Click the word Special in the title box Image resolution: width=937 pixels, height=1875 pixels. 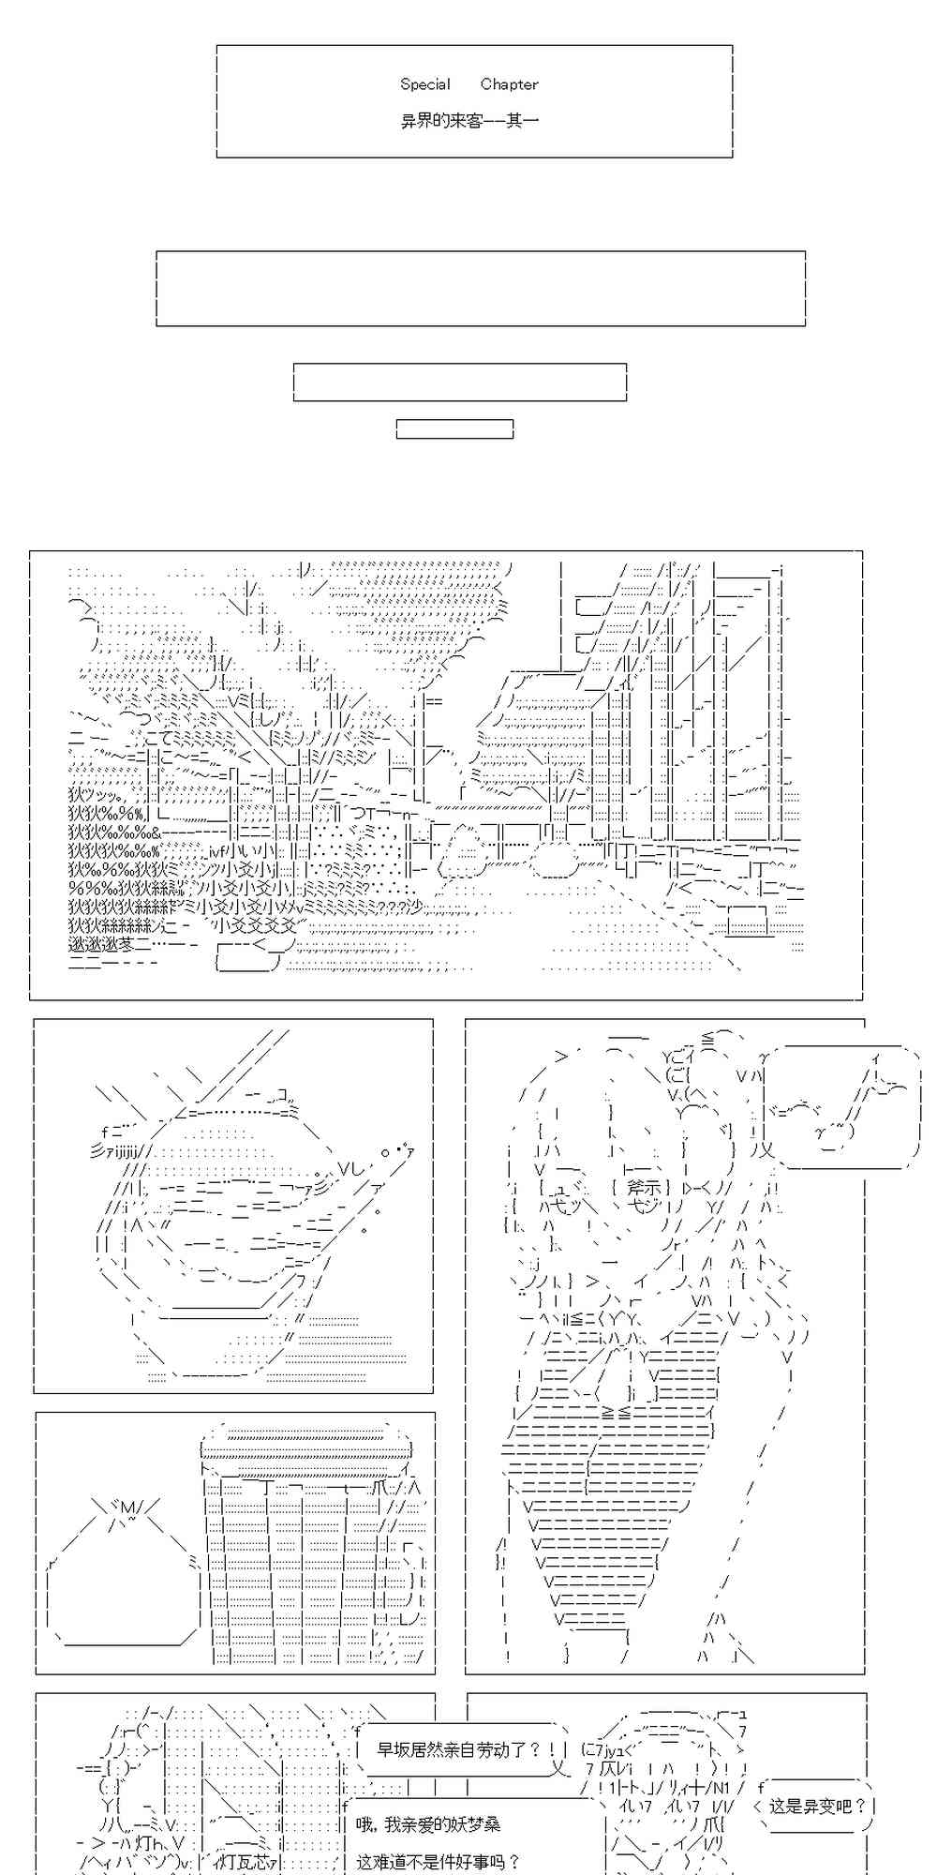point(425,84)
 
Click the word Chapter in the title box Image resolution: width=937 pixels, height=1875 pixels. point(509,84)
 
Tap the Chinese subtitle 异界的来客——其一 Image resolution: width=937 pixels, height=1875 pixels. point(469,122)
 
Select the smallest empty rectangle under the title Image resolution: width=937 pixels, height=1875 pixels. point(454,429)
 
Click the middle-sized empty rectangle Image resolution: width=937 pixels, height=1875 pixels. point(459,382)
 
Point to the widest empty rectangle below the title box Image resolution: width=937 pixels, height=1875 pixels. point(480,289)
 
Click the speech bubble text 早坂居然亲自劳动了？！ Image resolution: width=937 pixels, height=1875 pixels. point(460,1749)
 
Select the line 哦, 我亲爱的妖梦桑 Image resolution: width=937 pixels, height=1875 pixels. point(427,1823)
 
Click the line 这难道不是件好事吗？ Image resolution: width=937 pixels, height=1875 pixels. point(438,1860)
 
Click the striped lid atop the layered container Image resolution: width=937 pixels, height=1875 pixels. point(306,1438)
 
